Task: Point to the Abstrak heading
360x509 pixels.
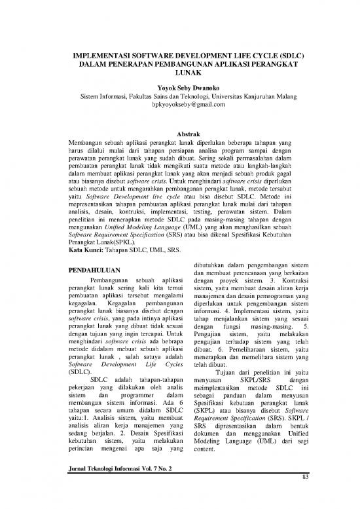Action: click(180, 135)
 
